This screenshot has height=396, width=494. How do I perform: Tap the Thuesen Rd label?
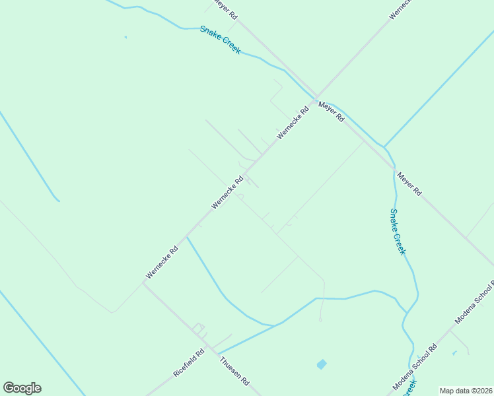[234, 371]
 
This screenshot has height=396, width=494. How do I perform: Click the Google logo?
[22, 388]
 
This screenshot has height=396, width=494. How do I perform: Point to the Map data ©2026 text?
[466, 391]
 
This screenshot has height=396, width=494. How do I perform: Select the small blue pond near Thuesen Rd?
[322, 364]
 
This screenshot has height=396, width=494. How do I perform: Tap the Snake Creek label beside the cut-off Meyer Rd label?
[221, 40]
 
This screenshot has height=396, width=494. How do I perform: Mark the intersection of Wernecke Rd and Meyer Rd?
[316, 97]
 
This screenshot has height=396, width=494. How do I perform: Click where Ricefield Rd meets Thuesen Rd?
[206, 343]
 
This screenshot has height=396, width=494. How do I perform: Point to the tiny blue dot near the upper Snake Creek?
[125, 37]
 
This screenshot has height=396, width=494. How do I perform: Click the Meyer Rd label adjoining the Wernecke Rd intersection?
[332, 111]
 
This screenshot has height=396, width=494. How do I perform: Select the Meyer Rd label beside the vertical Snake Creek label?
[409, 183]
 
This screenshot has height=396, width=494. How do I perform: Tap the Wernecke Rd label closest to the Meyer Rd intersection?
[293, 123]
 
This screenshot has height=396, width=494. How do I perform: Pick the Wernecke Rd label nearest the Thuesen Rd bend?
[162, 262]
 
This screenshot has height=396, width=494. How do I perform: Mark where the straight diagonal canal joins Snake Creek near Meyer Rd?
[384, 146]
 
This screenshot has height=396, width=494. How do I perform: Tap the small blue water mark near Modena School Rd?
[454, 353]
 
